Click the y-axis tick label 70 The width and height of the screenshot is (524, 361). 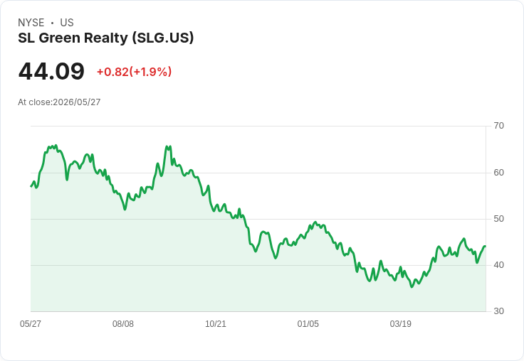(498, 126)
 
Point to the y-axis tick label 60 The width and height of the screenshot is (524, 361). (498, 173)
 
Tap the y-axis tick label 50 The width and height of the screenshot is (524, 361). (498, 219)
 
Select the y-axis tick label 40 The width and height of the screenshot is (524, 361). (498, 265)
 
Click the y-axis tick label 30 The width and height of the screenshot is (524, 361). (498, 311)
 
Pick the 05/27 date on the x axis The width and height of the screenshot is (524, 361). (31, 323)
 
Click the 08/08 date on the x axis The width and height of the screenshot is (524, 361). (123, 323)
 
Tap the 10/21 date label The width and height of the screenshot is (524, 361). (216, 323)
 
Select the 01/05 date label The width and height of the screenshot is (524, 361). (308, 323)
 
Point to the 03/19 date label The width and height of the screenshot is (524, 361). (400, 323)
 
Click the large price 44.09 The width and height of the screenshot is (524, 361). (51, 71)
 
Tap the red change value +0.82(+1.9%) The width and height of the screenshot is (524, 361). (134, 72)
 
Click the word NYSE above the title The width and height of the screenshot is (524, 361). (31, 23)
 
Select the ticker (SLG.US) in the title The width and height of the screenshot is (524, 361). (163, 38)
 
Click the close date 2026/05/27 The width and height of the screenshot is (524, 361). (76, 102)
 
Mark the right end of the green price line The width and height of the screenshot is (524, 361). (486, 247)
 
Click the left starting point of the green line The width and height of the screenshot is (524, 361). (31, 186)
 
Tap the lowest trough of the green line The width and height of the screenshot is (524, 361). (412, 286)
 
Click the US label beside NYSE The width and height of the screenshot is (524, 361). (67, 23)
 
